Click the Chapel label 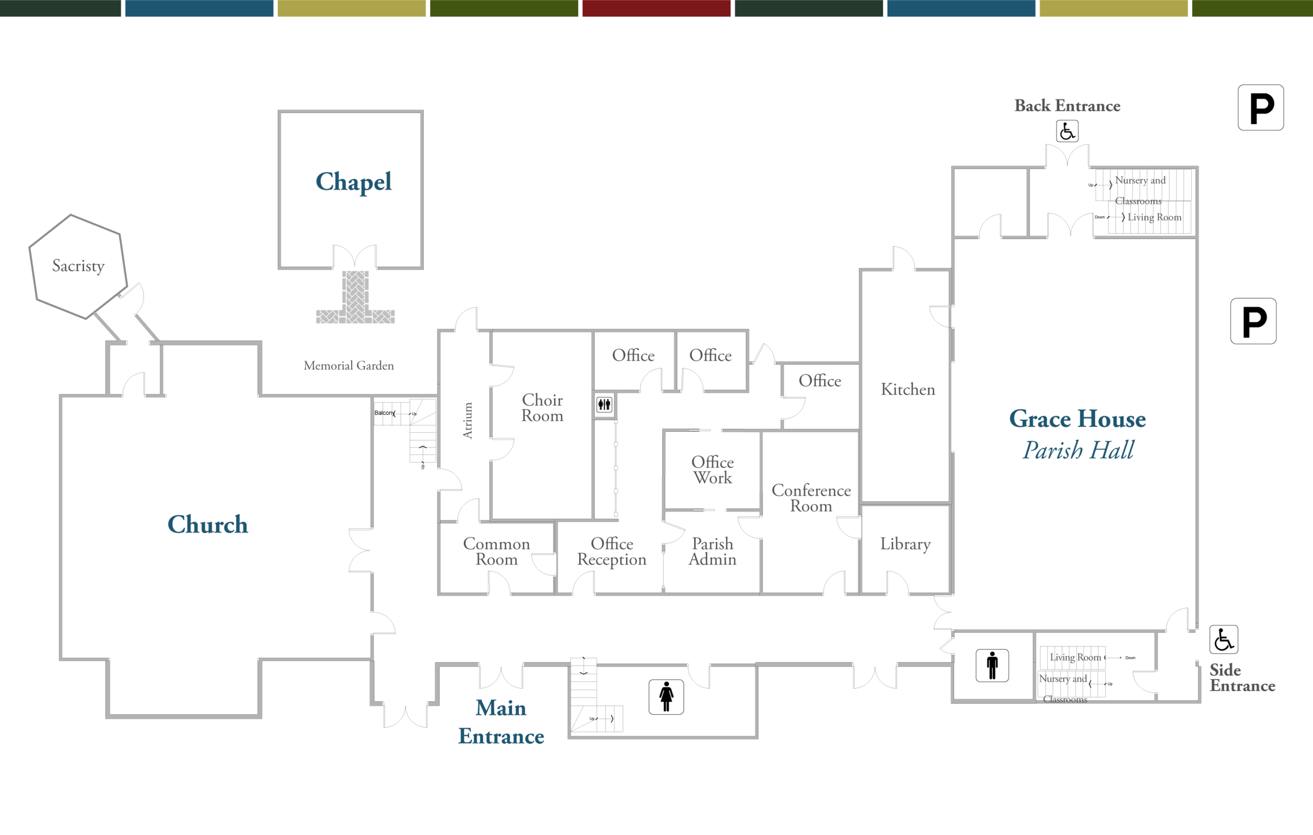tap(353, 182)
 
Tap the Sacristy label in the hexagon tap(78, 266)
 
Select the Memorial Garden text tap(348, 366)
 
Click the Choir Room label tap(542, 408)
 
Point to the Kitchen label tap(908, 390)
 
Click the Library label tap(905, 544)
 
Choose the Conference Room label tap(811, 497)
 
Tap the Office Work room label tap(712, 469)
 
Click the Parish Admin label tap(712, 551)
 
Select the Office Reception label tap(612, 551)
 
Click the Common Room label tap(496, 551)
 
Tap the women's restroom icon tap(666, 697)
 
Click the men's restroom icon tap(992, 665)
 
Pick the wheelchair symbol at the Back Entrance tap(1067, 131)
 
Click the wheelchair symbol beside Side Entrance tap(1224, 639)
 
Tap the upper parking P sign tap(1260, 108)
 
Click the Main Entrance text tap(501, 722)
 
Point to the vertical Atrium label tap(467, 421)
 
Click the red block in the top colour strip tap(656, 8)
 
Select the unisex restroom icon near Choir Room tap(604, 405)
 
